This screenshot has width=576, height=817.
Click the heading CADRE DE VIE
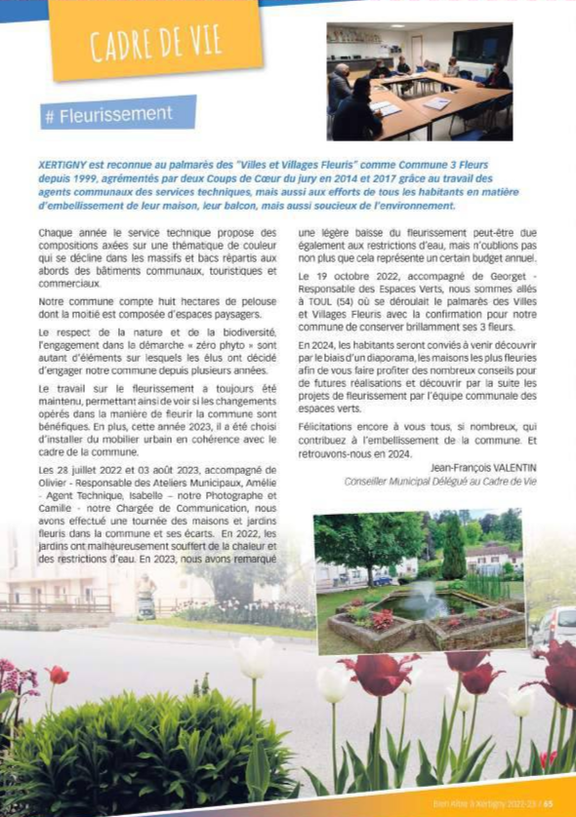click(x=155, y=42)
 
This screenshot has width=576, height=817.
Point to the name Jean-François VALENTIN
click(x=483, y=468)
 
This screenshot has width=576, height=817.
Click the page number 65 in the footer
click(x=549, y=805)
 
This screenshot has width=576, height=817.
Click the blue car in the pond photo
click(x=384, y=580)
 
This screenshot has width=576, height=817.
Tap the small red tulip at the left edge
click(x=58, y=675)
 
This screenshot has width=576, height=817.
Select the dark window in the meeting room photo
click(x=481, y=47)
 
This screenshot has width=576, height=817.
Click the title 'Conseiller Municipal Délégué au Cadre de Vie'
click(x=440, y=482)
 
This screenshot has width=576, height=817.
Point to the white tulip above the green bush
click(x=253, y=658)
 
